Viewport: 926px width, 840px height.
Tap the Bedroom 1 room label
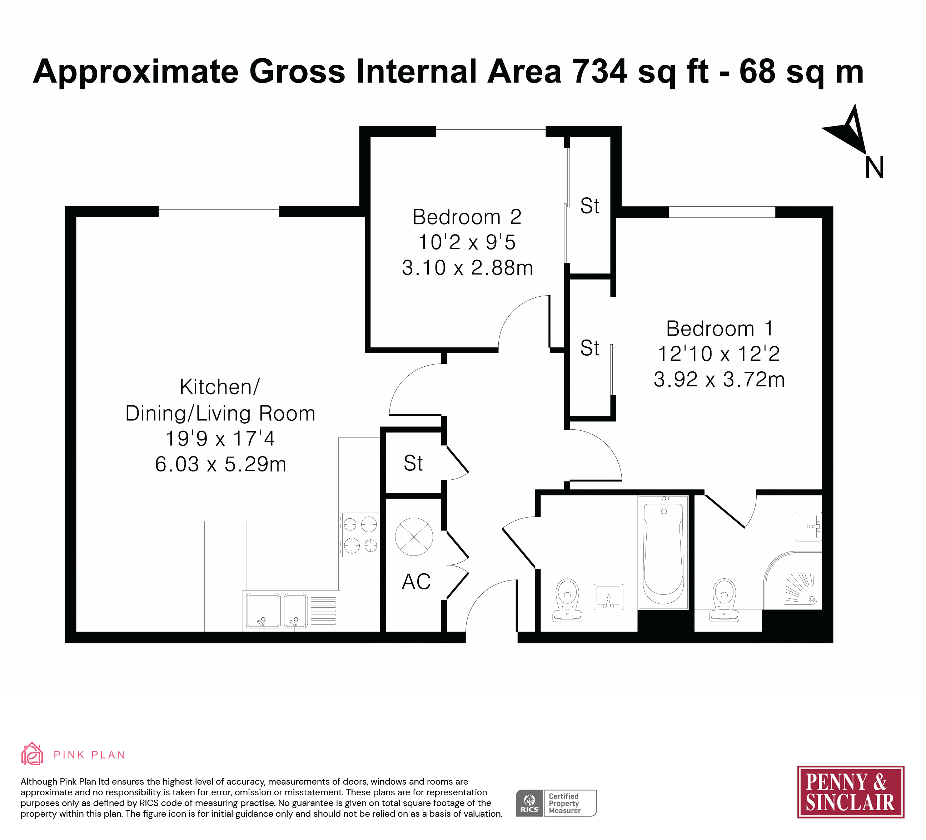pos(719,328)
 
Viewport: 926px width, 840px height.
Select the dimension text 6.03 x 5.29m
pos(220,464)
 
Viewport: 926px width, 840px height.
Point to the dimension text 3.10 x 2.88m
pos(467,267)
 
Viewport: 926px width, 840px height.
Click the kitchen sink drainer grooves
pos(323,611)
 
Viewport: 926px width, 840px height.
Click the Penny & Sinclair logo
pos(851,792)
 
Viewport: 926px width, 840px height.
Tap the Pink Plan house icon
pos(32,753)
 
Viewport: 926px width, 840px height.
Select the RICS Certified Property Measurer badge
pos(556,803)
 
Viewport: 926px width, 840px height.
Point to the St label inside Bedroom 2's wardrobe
pos(590,206)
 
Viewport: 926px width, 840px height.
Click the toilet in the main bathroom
pos(567,600)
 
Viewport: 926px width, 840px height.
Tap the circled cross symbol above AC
pos(414,537)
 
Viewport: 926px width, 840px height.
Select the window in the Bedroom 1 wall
pos(722,212)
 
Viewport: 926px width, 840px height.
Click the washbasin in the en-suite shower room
pos(809,526)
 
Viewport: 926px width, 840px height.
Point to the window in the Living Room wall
pos(219,212)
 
